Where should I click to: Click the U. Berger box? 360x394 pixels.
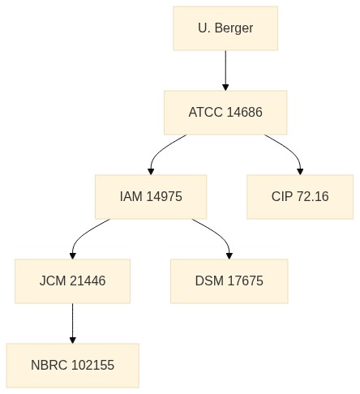coord(225,28)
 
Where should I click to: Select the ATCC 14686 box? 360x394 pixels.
coord(225,113)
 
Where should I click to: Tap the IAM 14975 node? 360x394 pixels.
coord(151,197)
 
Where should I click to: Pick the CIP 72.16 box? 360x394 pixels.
coord(300,197)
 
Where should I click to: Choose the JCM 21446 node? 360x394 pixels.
coord(72,281)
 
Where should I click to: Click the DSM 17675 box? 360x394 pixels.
coord(229,281)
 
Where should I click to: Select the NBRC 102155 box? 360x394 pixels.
coord(73,366)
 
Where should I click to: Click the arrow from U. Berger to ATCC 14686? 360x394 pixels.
coord(225,71)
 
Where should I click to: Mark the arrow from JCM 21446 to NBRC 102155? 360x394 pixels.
coord(72,323)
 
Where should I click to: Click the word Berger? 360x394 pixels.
coord(234,28)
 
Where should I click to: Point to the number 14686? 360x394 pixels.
coord(244,113)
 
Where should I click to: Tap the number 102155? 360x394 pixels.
coord(93,366)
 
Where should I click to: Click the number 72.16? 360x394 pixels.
coord(312,197)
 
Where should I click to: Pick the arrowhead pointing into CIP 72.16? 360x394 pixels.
coord(300,172)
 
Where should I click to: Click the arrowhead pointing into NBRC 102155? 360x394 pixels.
coord(72,340)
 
